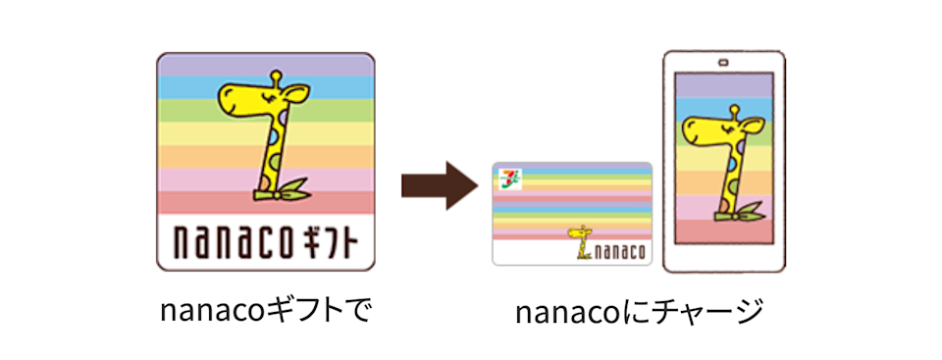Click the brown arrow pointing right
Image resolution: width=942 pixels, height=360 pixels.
[438, 184]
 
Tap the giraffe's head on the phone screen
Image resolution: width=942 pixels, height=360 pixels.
[710, 127]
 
